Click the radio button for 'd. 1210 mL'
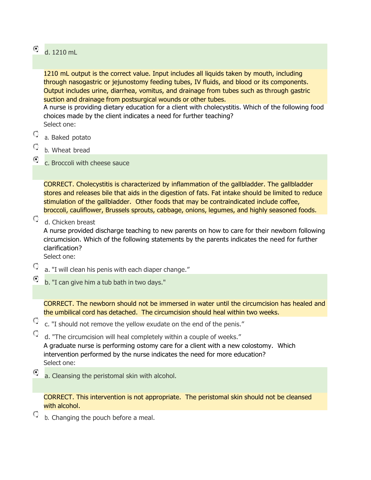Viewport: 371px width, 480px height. (x=36, y=49)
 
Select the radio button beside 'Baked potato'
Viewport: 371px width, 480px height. (x=36, y=134)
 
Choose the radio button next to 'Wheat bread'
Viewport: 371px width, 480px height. (x=36, y=146)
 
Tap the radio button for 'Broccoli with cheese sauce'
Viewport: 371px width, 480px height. (x=36, y=159)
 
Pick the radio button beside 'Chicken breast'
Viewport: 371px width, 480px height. (x=36, y=218)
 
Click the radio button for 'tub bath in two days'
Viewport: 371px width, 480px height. (x=36, y=279)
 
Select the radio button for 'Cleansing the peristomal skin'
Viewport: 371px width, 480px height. (x=36, y=372)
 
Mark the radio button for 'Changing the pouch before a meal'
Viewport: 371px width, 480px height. (x=36, y=414)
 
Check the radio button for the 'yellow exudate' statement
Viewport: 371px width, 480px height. (x=36, y=320)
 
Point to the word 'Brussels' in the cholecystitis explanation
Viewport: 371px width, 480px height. (x=117, y=210)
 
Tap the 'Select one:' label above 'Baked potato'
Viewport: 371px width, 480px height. (x=60, y=125)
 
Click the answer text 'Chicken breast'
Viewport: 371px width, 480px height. (x=74, y=223)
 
